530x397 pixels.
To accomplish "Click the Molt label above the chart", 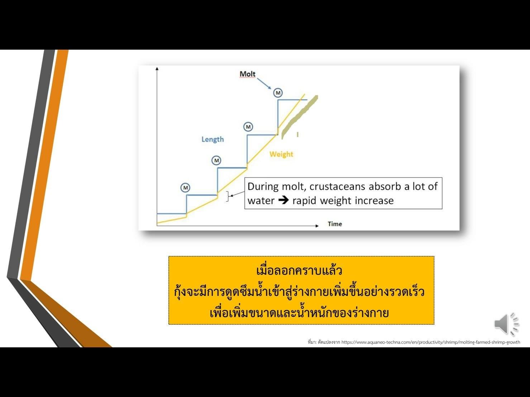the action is coord(247,74).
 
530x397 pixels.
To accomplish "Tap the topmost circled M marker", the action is coord(278,93).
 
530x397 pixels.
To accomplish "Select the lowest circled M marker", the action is coord(185,188).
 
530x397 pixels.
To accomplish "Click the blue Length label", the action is coord(213,139).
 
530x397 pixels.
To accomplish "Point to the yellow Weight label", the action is coord(281,154).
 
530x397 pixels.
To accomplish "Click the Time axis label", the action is coord(335,224).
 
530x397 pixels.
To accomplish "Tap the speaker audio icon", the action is coord(507,324).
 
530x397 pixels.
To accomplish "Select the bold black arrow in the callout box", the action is coord(283,200).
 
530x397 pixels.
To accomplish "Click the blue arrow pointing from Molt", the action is coord(264,83).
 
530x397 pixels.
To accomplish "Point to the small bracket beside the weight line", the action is coord(228,196).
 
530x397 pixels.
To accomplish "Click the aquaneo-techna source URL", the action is coord(431,342).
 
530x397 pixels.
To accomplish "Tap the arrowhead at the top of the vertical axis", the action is coord(157,69).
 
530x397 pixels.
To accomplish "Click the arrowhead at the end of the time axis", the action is coord(317,226).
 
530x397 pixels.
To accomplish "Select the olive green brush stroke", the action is coord(300,117).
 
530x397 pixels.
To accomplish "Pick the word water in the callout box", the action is coord(261,201).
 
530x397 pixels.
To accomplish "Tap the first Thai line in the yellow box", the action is coord(299,271).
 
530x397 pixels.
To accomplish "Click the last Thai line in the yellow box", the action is coord(299,313).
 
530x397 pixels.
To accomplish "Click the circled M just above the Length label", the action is coord(248,127).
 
